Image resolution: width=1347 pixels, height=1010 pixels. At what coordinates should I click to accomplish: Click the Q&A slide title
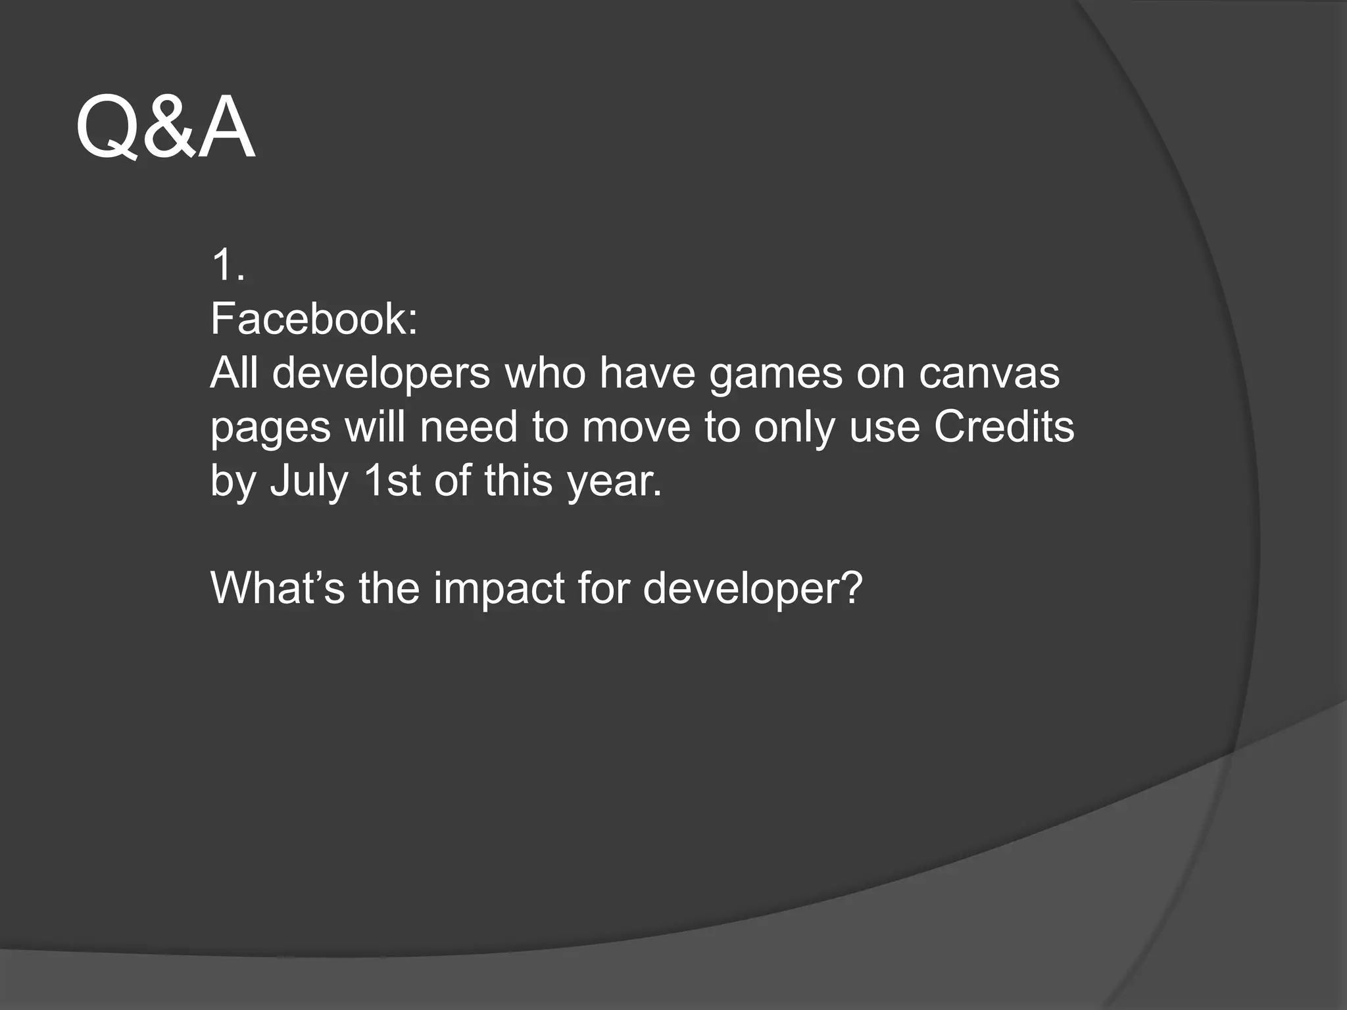[165, 128]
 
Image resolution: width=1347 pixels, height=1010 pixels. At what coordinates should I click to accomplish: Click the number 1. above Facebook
[228, 266]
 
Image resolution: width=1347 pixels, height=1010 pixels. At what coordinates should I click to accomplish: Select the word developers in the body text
[381, 373]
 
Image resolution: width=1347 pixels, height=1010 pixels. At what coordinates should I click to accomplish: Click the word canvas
[989, 373]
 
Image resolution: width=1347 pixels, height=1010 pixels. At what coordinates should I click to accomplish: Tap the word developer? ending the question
[752, 589]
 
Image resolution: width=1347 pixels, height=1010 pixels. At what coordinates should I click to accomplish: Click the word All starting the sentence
[234, 373]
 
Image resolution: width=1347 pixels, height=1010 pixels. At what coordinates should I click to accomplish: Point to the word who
[545, 373]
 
